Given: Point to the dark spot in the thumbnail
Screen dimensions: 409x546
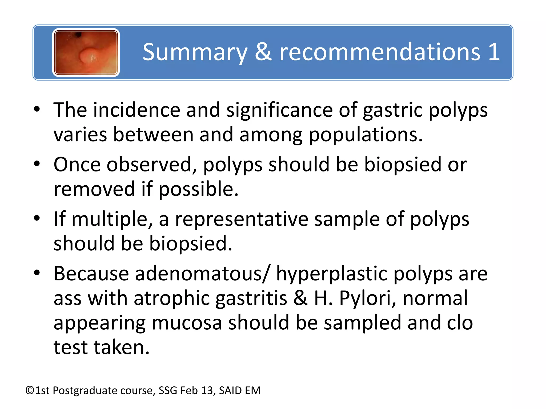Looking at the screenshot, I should coord(78,34).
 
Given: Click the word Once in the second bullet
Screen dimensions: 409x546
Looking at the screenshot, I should coord(77,165).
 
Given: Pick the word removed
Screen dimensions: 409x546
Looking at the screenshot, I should coord(94,189).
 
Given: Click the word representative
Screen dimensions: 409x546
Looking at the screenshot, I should coord(241,219).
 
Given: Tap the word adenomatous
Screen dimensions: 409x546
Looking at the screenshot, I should coord(198,274).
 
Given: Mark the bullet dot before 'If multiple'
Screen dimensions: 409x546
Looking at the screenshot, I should coord(37,219).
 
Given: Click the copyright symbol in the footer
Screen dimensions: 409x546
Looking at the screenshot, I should coord(30,391).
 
